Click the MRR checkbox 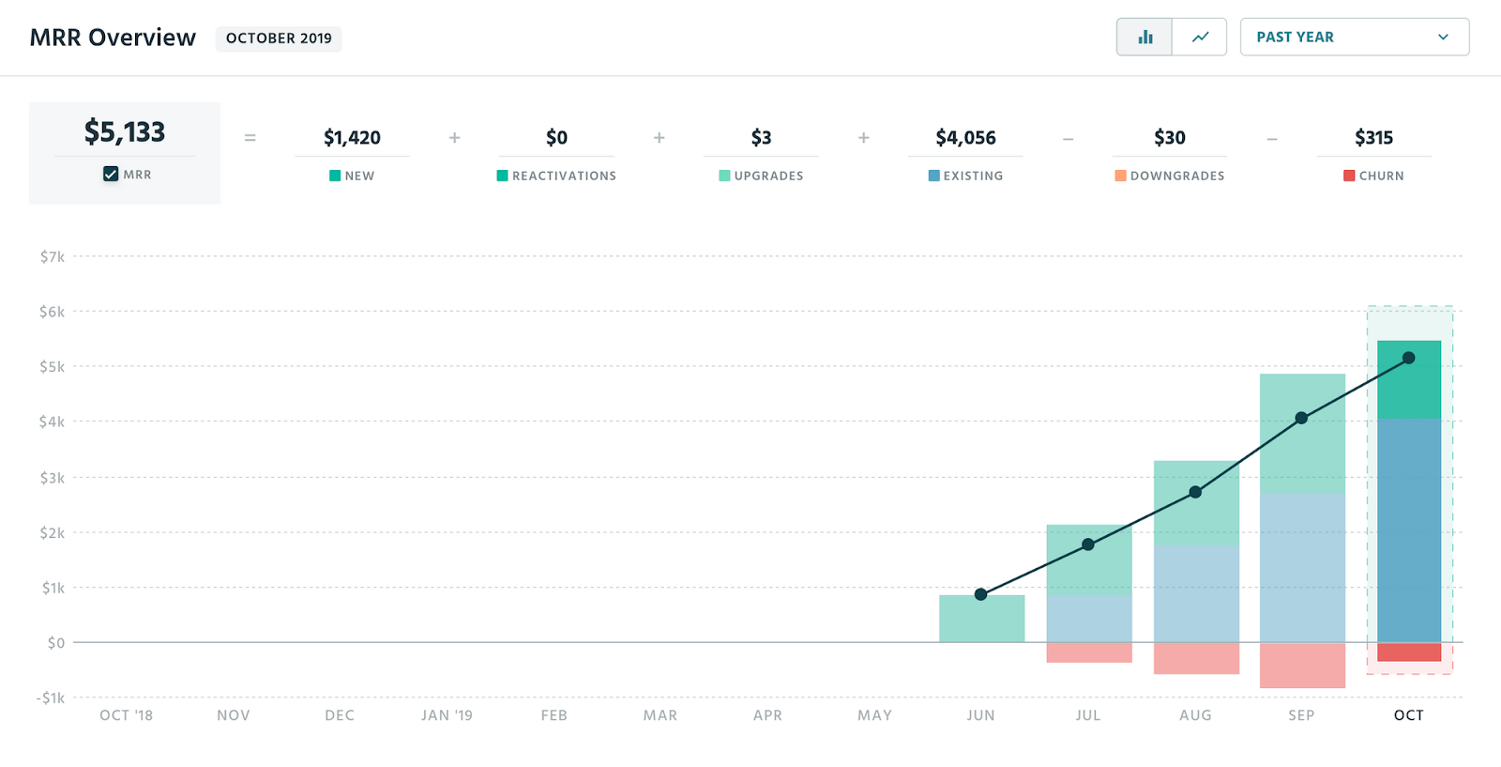pos(111,174)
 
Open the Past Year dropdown pos(1354,38)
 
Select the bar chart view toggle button pos(1145,38)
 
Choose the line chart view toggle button pos(1200,38)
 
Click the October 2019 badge pos(279,38)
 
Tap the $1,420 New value pos(352,138)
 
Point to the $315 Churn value pos(1373,138)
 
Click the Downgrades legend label pos(1176,176)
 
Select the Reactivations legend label pos(564,176)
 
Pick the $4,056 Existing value pos(965,138)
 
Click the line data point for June pos(980,594)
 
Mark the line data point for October pos(1408,358)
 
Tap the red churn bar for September pos(1302,665)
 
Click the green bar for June pos(981,620)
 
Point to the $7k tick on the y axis pos(52,256)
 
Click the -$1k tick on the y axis pos(51,698)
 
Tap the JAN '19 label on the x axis pos(447,715)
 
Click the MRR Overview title pos(113,38)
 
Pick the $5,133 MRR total pos(125,132)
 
